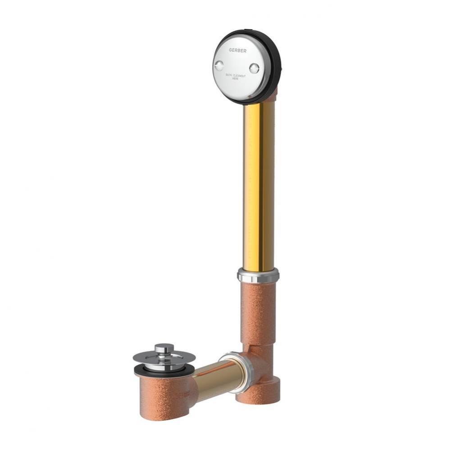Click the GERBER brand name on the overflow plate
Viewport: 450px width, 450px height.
(237, 51)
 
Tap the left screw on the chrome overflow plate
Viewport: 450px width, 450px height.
(219, 66)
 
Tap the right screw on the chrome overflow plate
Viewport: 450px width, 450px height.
(254, 68)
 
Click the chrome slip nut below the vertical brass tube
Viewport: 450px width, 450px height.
(258, 274)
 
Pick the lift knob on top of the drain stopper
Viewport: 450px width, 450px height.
(164, 349)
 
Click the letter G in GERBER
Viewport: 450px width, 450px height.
(230, 50)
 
